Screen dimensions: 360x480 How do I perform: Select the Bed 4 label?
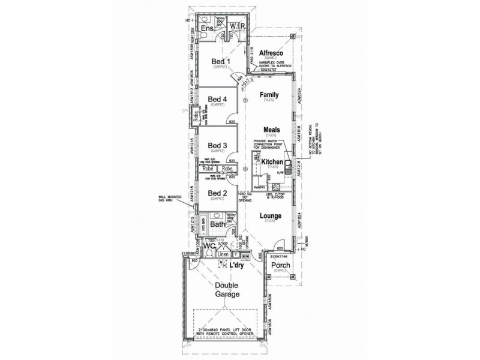pos(217,99)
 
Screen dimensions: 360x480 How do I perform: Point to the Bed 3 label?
pos(217,145)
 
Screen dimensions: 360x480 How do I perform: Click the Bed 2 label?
pos(217,193)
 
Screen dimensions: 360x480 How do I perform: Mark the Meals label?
pos(272,129)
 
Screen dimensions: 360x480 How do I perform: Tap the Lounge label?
pos(271,215)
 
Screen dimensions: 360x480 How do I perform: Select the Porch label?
pos(281,266)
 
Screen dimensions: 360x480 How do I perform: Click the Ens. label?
pos(207,29)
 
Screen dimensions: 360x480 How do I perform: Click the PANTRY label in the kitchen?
pos(260,188)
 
